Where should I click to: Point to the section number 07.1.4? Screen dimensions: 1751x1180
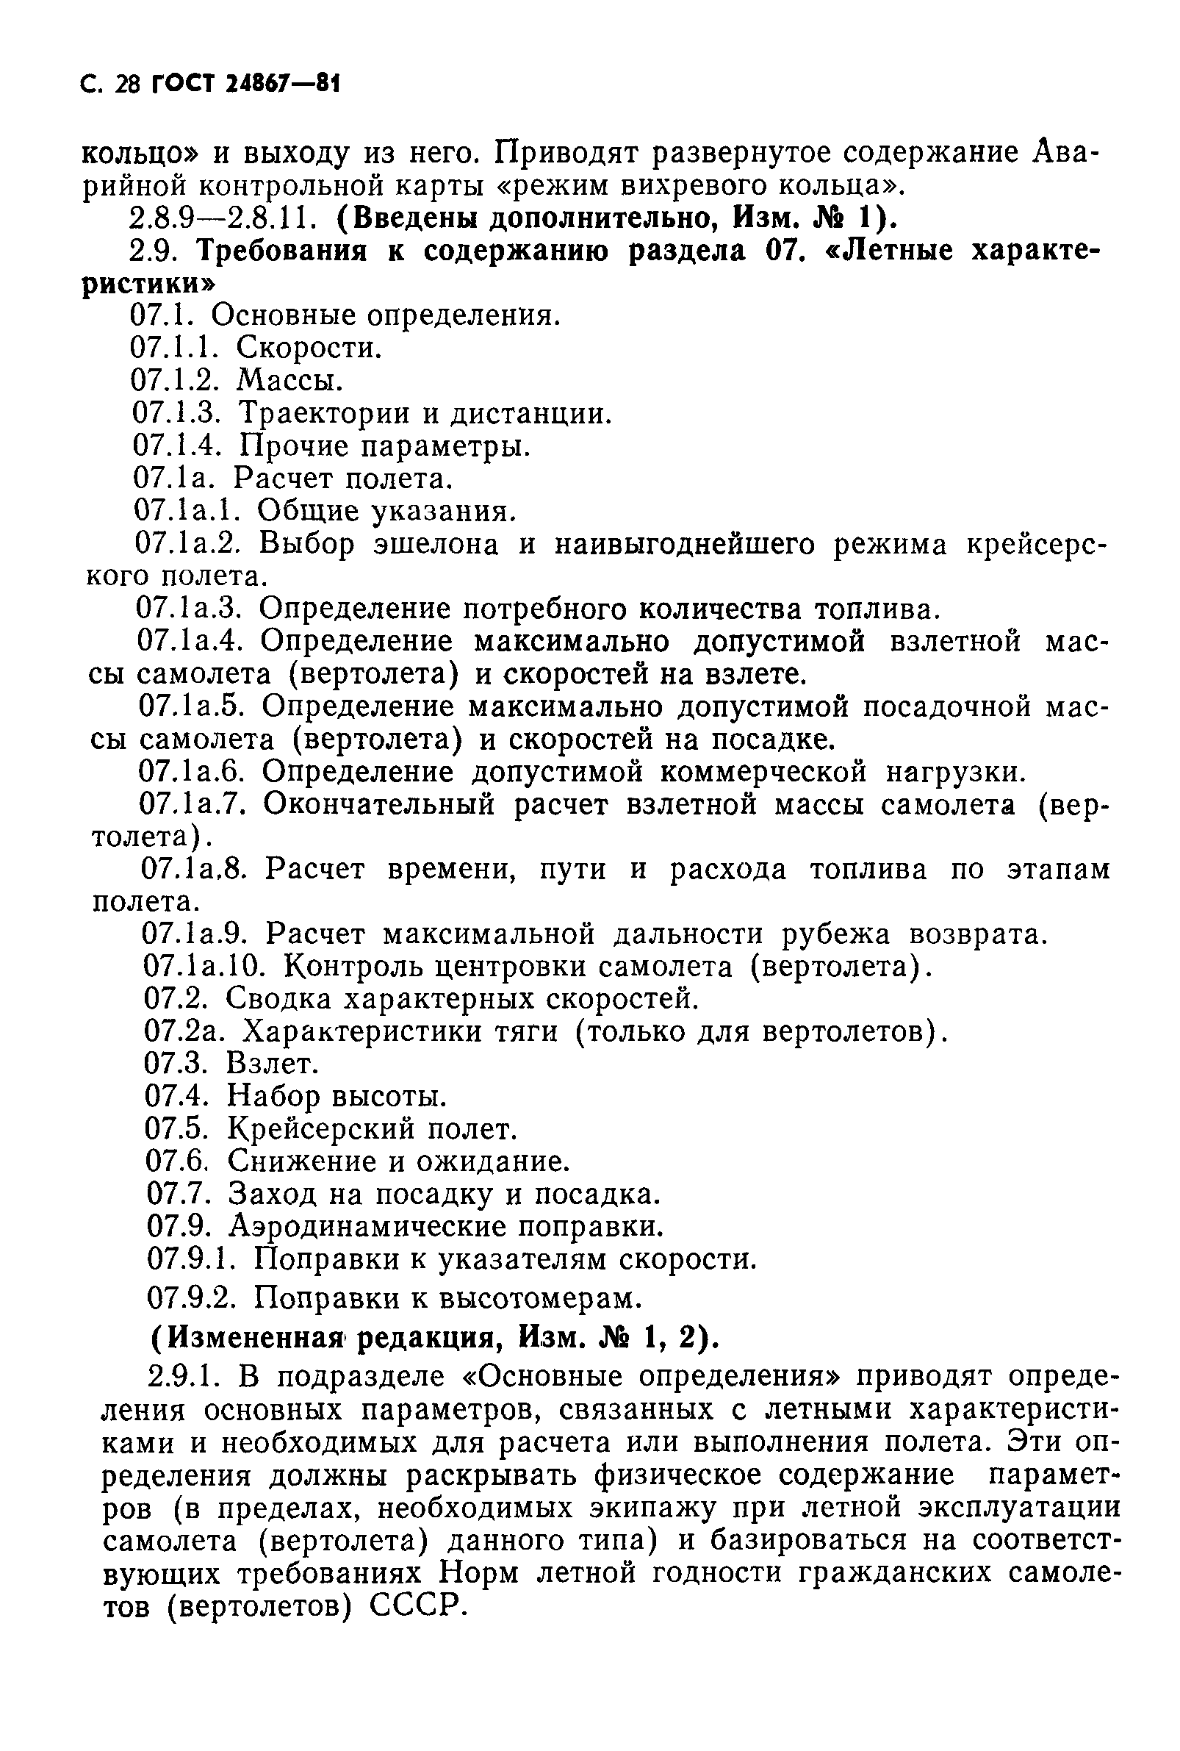[177, 445]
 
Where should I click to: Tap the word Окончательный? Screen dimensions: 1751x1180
[379, 805]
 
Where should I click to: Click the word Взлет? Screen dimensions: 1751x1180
[273, 1064]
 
